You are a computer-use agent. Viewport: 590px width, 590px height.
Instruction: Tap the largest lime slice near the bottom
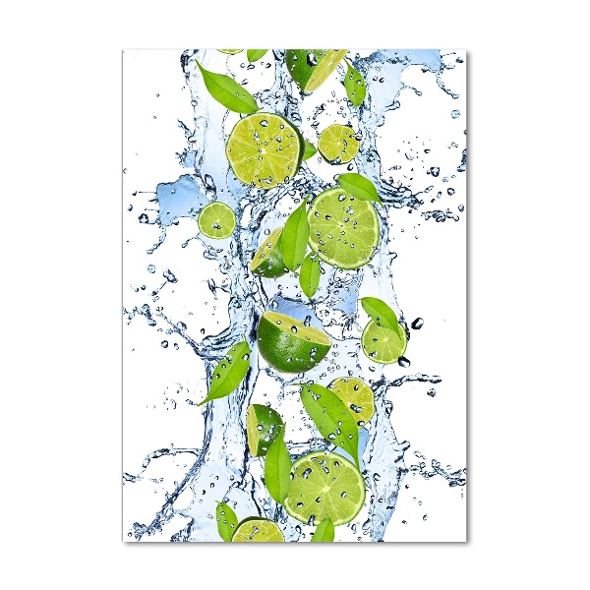[x=324, y=487]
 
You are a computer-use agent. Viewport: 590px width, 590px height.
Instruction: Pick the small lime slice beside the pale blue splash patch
[x=216, y=220]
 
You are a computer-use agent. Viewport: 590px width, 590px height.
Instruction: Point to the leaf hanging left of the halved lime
[x=228, y=371]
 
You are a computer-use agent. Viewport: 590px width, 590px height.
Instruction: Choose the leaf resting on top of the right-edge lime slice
[x=382, y=314]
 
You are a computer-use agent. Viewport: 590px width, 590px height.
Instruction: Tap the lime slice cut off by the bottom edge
[x=258, y=531]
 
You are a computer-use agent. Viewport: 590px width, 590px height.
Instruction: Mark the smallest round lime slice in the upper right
[x=338, y=144]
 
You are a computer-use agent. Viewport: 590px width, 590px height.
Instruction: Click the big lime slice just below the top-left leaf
[x=264, y=149]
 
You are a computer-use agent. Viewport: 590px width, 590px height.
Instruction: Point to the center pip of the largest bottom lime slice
[x=324, y=487]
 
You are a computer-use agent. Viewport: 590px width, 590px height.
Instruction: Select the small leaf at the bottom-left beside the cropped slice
[x=226, y=520]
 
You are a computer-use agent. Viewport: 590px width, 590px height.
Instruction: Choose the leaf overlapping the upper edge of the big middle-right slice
[x=359, y=186]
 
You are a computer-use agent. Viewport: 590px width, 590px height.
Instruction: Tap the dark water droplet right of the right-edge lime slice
[x=417, y=323]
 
